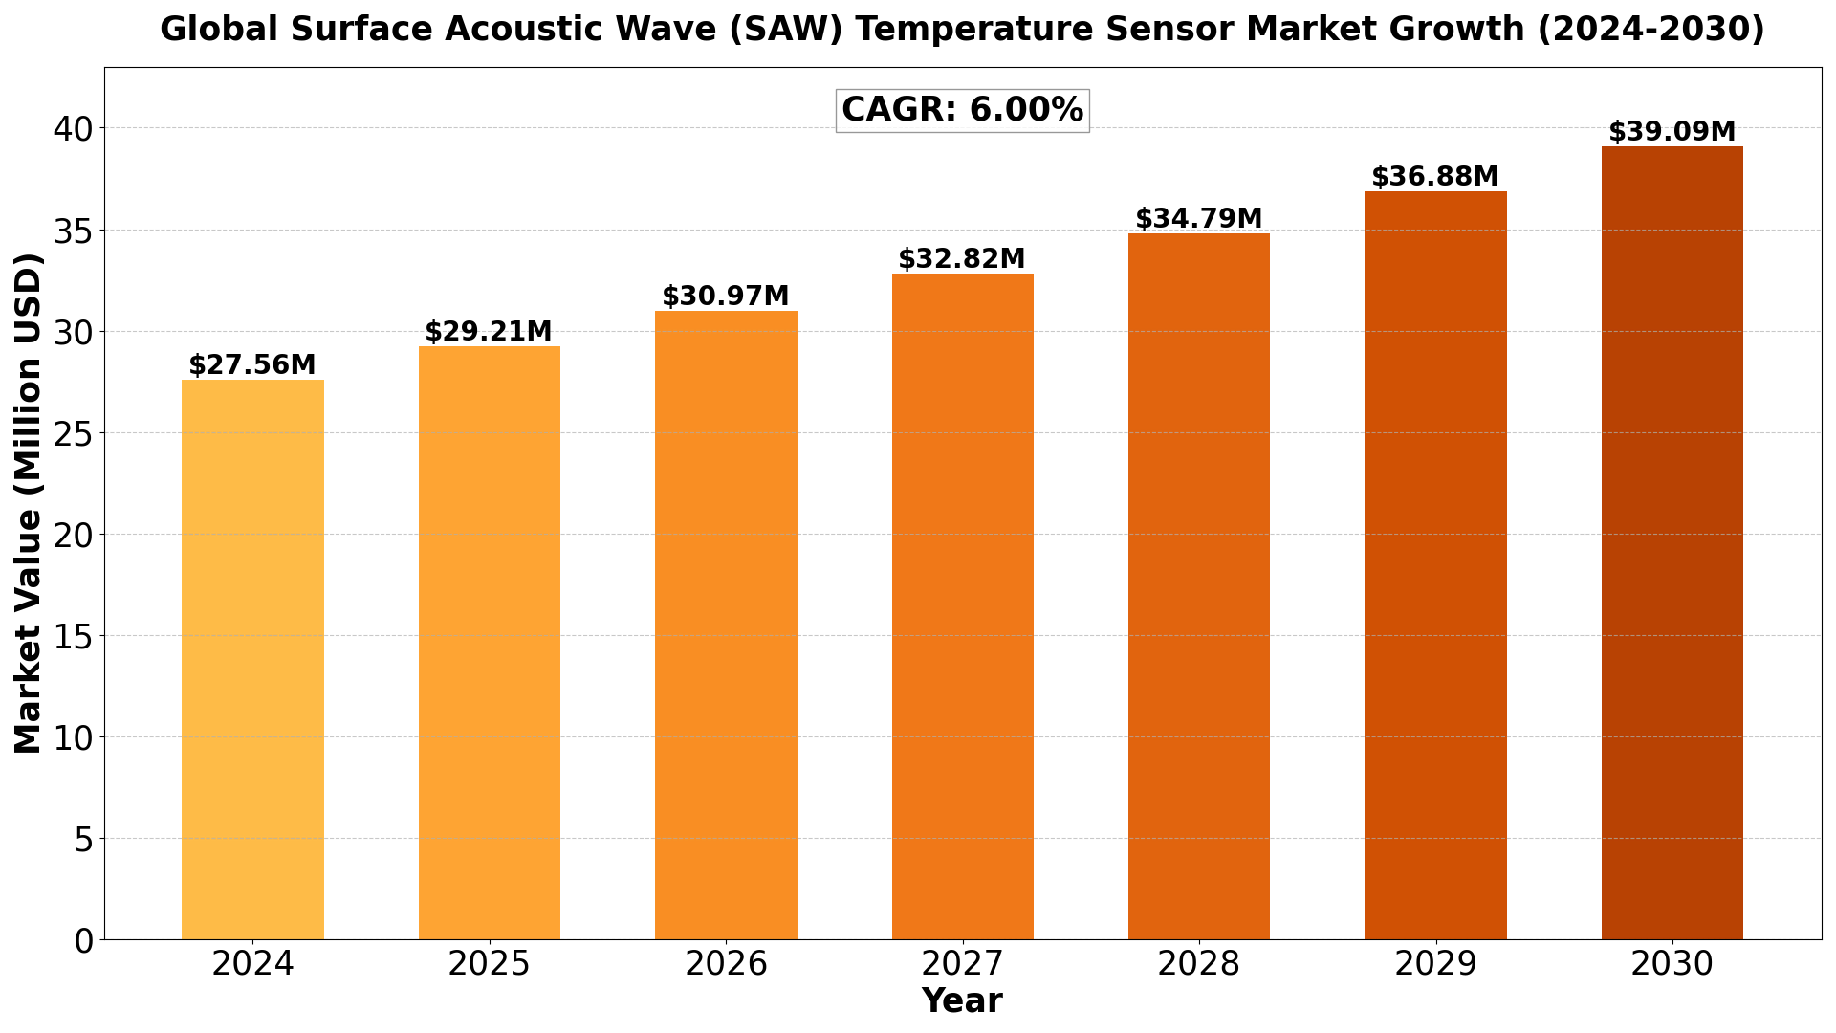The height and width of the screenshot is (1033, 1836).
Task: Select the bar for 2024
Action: pos(252,660)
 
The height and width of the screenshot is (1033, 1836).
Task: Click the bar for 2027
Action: pos(962,606)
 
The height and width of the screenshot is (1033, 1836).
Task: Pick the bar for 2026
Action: pos(726,626)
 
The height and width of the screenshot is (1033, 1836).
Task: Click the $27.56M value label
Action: pos(252,365)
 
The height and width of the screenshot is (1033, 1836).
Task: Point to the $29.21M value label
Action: pos(489,332)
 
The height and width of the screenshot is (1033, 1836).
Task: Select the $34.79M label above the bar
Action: pos(1198,219)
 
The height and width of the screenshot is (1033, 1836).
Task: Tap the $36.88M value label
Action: pos(1434,177)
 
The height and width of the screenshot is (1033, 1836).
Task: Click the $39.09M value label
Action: pos(1672,132)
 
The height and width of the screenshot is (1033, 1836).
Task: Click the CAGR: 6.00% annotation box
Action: pos(962,110)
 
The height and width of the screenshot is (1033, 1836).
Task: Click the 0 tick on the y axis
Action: pos(84,940)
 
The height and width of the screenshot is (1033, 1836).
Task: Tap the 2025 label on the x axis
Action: pos(489,964)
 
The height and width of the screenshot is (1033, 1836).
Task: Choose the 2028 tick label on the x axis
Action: pos(1198,964)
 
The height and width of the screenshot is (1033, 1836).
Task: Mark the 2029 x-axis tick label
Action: pos(1434,964)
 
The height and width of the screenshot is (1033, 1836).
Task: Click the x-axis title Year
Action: pos(962,1001)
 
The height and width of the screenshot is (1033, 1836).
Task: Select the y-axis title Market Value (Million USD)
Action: pos(29,503)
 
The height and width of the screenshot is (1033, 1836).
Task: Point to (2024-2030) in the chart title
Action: pos(1650,30)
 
